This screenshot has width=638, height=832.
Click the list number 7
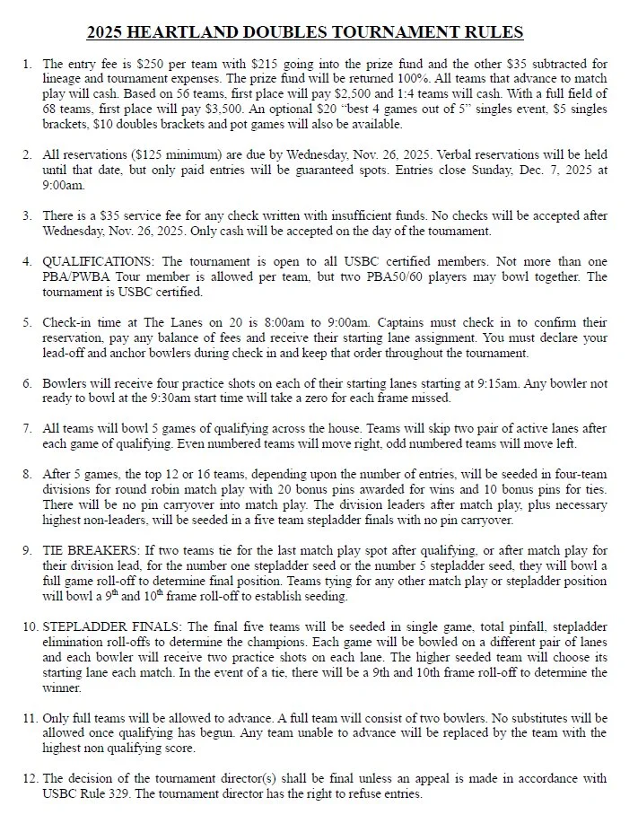(x=28, y=429)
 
